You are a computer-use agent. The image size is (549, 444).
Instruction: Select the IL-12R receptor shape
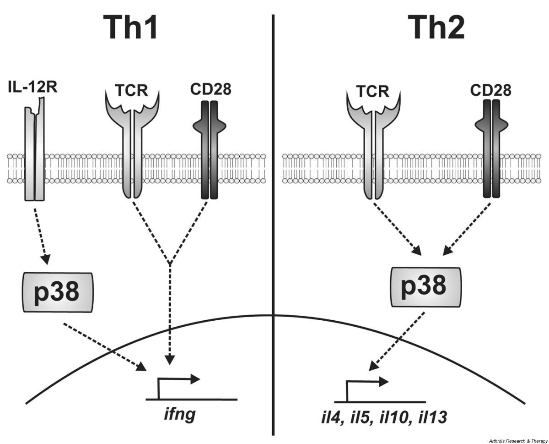pyautogui.click(x=35, y=156)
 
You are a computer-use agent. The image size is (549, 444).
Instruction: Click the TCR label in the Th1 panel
pyautogui.click(x=133, y=91)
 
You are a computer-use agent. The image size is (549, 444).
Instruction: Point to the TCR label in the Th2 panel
pyautogui.click(x=373, y=91)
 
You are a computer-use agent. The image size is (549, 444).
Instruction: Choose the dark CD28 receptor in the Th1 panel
pyautogui.click(x=210, y=151)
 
